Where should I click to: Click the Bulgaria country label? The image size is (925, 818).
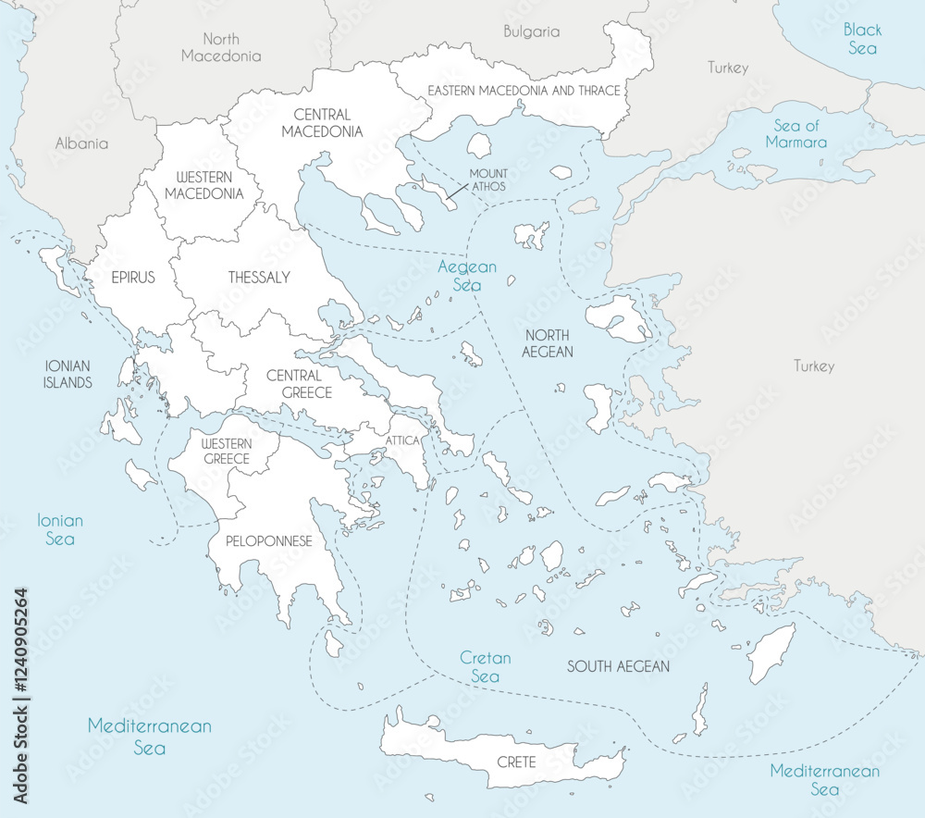click(531, 31)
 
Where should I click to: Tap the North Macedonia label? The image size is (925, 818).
click(221, 47)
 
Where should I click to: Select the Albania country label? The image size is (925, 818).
click(81, 143)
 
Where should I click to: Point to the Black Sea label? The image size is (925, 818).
click(861, 39)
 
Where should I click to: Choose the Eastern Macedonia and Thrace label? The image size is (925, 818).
click(524, 91)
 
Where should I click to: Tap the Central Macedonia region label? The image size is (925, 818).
click(322, 123)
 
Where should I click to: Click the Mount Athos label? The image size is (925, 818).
click(487, 180)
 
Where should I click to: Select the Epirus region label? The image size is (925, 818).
click(133, 278)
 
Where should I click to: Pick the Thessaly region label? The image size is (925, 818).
click(259, 278)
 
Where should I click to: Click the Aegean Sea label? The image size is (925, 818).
click(467, 276)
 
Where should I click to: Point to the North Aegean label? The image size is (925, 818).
click(547, 343)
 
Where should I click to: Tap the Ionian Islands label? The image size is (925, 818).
click(68, 375)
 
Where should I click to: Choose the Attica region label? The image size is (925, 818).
click(403, 440)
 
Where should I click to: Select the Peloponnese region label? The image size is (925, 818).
click(265, 541)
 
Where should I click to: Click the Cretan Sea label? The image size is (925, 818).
click(486, 667)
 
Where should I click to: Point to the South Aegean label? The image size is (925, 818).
click(618, 666)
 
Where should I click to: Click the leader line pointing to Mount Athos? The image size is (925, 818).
click(456, 192)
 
